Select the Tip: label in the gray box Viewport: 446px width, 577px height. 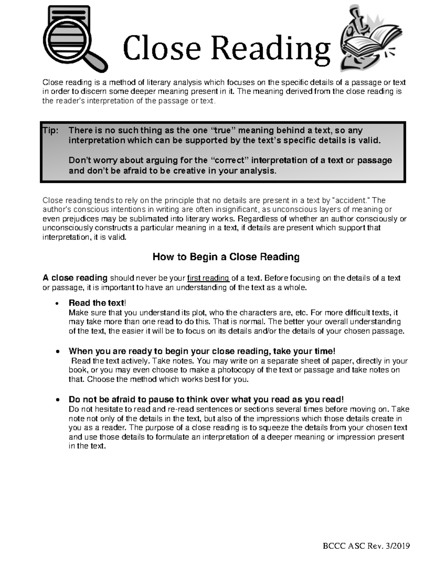point(51,130)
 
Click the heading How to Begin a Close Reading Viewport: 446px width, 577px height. point(226,257)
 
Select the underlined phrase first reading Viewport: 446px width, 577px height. point(208,278)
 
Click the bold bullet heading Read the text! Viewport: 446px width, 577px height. point(97,303)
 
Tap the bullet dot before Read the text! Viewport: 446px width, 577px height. point(57,304)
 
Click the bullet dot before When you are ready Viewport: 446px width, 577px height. point(57,352)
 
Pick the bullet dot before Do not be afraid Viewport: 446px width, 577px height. point(57,400)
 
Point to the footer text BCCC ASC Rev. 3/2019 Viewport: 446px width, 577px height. point(366,546)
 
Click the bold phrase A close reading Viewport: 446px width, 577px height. point(75,278)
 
